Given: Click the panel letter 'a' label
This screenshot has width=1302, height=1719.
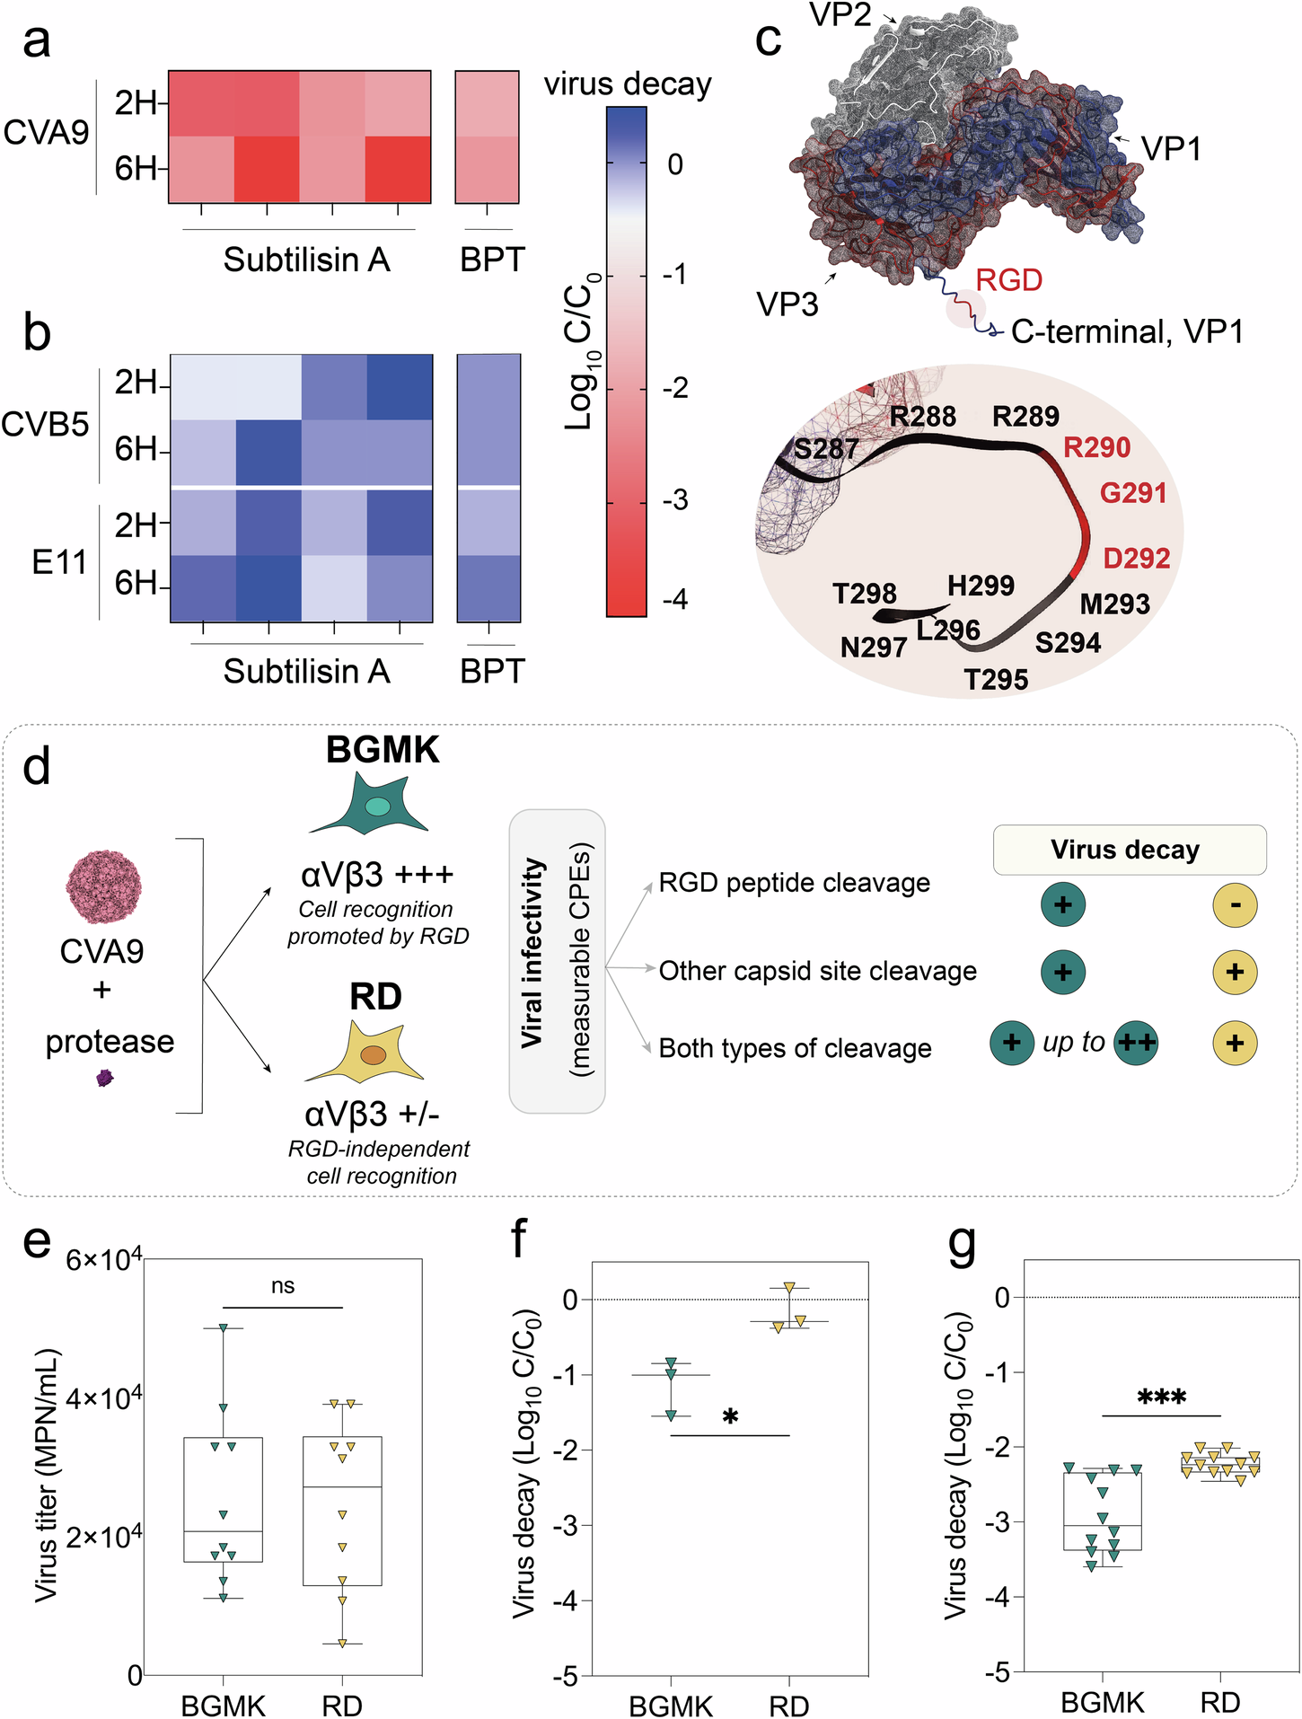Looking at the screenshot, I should click(37, 42).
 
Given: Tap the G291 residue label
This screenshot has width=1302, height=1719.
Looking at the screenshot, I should click(1133, 493).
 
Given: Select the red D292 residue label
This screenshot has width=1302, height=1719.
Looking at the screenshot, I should click(1136, 558).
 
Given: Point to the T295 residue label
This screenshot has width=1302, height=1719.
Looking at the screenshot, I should click(996, 679).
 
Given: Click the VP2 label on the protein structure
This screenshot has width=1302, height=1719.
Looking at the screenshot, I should click(840, 14).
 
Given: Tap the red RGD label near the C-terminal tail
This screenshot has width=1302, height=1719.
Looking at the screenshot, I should click(1008, 280).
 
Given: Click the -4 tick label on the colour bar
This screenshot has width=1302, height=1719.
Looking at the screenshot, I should click(676, 598).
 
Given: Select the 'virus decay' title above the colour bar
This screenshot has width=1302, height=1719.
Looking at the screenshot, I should click(628, 84).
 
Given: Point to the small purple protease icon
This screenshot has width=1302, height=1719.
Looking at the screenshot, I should click(105, 1078).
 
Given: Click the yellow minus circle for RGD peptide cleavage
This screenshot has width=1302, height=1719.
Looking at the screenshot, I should click(1235, 904).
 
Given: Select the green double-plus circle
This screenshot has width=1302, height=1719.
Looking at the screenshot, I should click(1136, 1043).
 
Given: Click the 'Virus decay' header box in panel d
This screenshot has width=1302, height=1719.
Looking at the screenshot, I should click(1129, 850).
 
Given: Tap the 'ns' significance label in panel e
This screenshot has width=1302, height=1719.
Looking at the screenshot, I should click(283, 1286).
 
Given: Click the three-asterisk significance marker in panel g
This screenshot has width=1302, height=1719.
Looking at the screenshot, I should click(1161, 1397).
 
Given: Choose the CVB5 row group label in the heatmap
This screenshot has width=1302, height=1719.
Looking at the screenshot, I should click(46, 424).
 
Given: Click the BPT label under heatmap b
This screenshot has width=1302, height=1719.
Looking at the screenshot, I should click(491, 671).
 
